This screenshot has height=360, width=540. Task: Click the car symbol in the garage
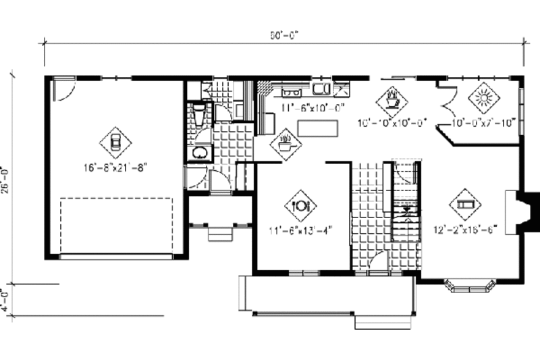tap(115, 142)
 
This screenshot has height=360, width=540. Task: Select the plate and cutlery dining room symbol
tap(300, 203)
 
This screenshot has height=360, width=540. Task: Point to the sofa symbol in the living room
tap(465, 203)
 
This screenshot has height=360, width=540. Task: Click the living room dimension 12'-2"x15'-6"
tap(465, 230)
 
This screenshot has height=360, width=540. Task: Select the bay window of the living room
tap(470, 286)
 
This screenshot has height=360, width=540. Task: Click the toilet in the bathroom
tap(200, 115)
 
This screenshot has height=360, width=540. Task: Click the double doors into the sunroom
tap(446, 105)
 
